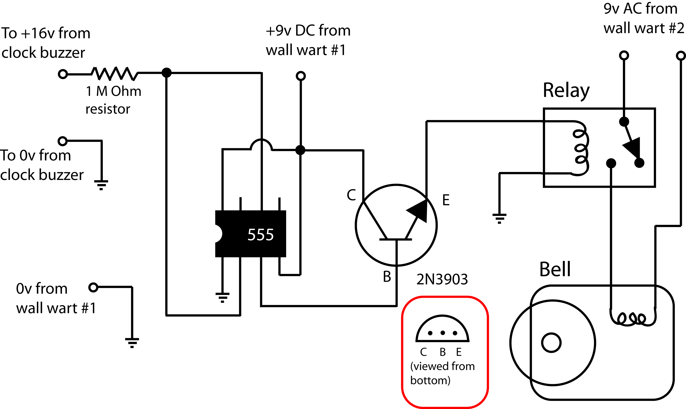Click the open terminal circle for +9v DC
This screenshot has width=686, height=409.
click(x=301, y=76)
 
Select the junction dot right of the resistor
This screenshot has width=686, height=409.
click(x=166, y=73)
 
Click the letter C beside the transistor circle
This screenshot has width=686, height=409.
click(x=351, y=195)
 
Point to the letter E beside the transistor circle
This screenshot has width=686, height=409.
click(x=446, y=200)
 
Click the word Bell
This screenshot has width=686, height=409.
click(x=555, y=269)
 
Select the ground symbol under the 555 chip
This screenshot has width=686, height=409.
click(x=222, y=297)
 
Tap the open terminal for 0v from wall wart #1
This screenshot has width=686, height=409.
click(x=93, y=287)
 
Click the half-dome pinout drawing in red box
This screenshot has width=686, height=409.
click(x=442, y=329)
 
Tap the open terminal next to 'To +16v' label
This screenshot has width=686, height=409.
click(x=63, y=74)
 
